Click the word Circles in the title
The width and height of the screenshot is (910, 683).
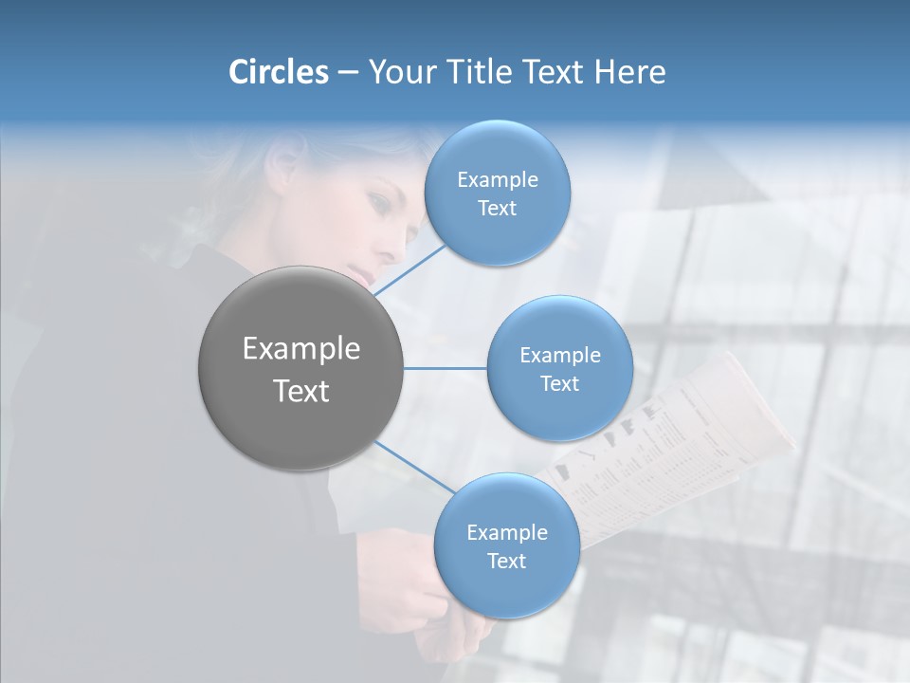point(278,72)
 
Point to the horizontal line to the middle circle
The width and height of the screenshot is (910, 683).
point(446,368)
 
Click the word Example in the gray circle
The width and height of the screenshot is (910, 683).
point(301,349)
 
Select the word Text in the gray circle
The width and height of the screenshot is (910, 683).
point(301,391)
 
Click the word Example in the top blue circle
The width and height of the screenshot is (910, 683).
point(497,180)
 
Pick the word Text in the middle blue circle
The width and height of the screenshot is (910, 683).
point(560,383)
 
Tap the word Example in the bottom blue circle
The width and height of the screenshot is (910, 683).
point(506,533)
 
